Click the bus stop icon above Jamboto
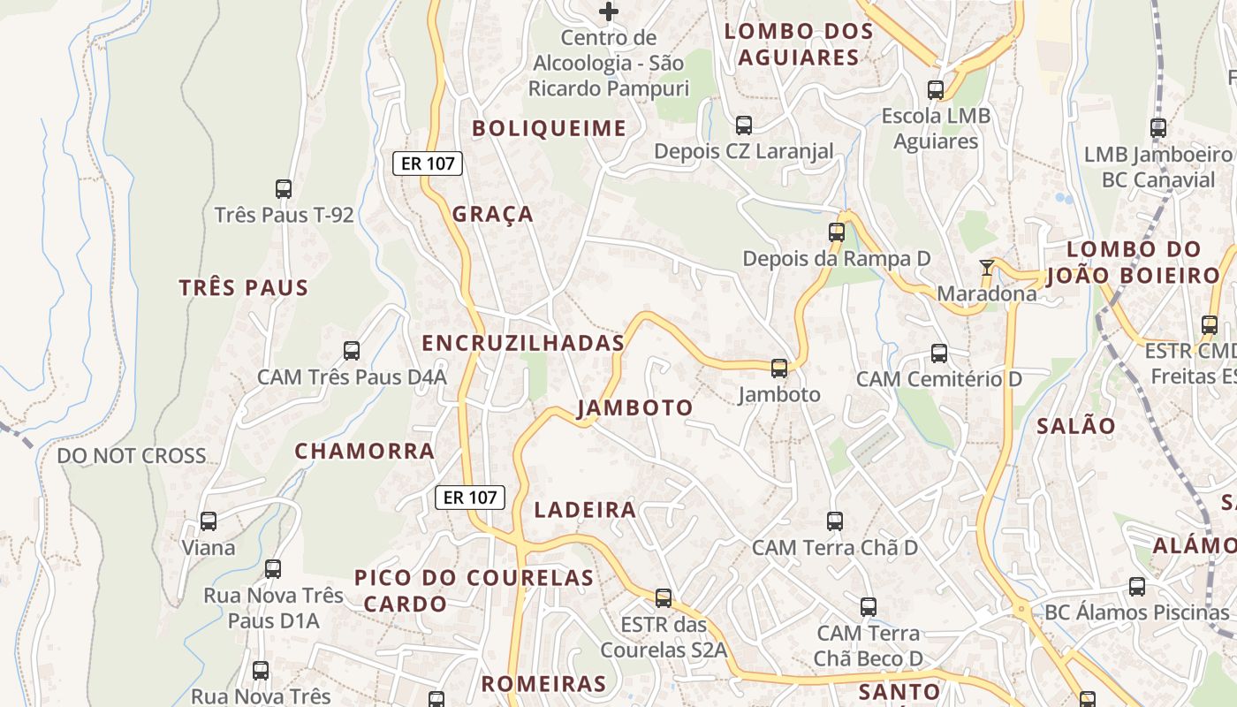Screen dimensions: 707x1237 [778, 368]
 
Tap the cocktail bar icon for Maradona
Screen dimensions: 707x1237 [987, 267]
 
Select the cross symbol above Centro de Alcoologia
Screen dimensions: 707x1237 [609, 11]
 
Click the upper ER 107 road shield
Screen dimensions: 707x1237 [428, 163]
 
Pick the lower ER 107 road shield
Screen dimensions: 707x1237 [470, 498]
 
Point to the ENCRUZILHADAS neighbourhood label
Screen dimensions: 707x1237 [523, 344]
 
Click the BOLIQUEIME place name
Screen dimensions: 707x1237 [549, 128]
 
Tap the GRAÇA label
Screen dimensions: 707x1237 [493, 214]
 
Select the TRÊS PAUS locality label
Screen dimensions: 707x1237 [244, 287]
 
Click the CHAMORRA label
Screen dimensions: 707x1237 [365, 451]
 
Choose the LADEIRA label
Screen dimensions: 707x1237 [585, 509]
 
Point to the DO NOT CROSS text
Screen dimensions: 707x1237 [132, 456]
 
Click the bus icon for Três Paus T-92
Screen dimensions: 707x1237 [284, 189]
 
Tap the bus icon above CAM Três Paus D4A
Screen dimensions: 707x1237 [352, 351]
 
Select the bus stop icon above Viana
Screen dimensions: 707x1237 [209, 521]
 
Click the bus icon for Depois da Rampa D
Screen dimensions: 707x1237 [837, 232]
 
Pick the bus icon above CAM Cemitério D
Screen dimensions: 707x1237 [939, 353]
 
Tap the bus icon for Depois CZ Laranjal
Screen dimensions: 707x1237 [744, 125]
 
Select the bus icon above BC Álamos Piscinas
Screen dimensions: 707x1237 [1137, 587]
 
